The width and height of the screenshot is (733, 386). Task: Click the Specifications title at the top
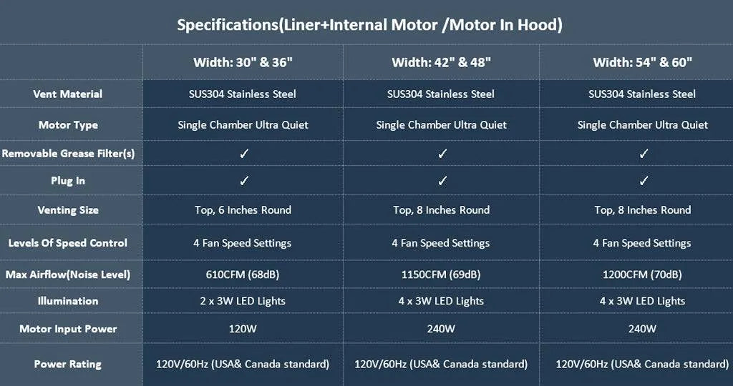click(369, 25)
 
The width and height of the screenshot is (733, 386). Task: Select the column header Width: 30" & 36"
click(243, 62)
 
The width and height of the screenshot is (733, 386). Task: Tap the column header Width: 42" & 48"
click(441, 62)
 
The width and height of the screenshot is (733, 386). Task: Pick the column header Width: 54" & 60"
click(642, 62)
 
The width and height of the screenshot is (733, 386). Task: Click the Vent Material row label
click(67, 94)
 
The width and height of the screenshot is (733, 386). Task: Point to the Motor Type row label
click(67, 125)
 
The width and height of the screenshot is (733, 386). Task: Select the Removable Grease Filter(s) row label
click(67, 154)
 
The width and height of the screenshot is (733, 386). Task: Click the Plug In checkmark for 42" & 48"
click(442, 181)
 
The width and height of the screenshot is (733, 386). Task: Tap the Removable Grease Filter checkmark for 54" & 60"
click(644, 153)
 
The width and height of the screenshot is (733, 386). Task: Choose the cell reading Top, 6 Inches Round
click(243, 210)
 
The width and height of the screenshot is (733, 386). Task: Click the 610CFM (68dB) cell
click(243, 274)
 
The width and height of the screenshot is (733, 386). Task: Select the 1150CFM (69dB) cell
click(441, 274)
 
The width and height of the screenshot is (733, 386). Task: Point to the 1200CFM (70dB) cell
click(642, 274)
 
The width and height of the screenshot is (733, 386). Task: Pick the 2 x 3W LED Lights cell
click(243, 301)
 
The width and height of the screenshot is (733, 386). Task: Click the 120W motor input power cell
click(243, 329)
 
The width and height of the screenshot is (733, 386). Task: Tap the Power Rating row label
click(67, 365)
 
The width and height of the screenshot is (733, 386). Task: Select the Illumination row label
click(67, 301)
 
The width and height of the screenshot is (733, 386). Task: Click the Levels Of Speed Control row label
click(67, 243)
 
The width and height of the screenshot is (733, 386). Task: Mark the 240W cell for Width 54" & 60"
click(642, 329)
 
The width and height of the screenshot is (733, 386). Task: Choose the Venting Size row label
click(67, 210)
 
